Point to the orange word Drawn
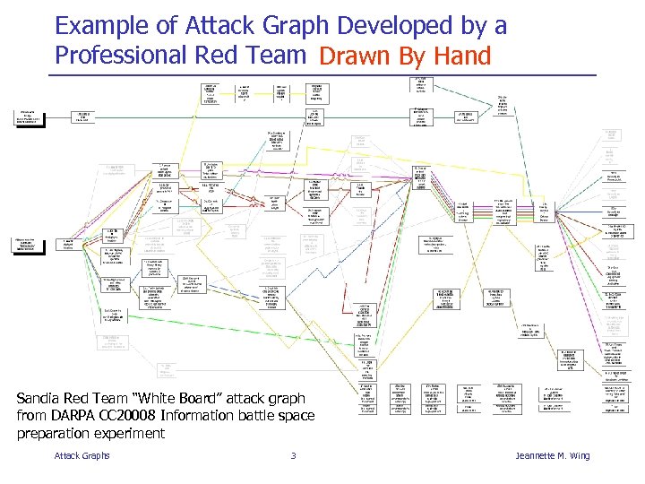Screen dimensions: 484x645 356,56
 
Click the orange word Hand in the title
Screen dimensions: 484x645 461,56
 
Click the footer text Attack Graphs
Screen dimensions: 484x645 82,456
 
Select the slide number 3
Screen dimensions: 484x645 293,456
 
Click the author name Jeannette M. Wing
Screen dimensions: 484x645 553,456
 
